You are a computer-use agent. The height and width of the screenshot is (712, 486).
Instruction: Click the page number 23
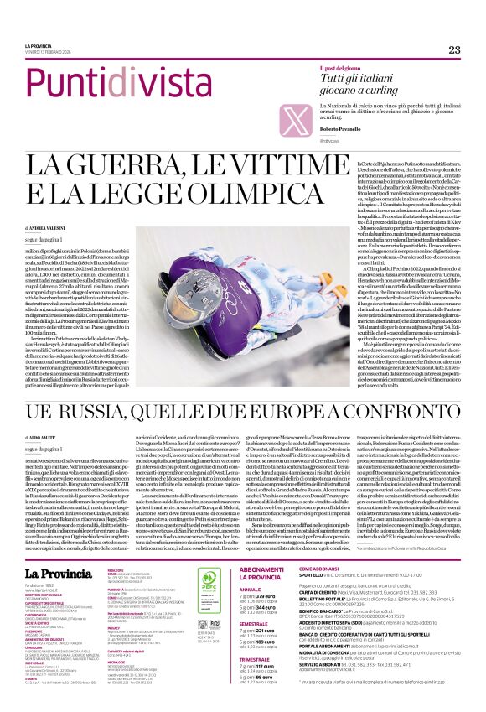point(454,49)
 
